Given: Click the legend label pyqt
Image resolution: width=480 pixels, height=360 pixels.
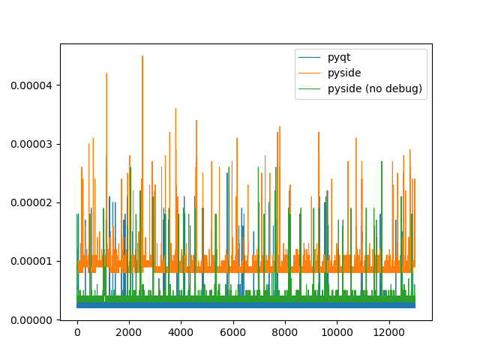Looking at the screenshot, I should coord(339,57).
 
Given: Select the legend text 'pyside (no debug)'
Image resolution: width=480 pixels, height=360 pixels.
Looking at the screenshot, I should coord(375,88).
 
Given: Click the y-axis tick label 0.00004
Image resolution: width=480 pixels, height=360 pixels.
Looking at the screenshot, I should coord(30,85).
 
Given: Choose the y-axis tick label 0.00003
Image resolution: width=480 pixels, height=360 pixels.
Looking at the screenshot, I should coord(30,144).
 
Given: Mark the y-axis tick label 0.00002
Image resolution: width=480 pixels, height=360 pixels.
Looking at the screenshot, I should coord(30,202).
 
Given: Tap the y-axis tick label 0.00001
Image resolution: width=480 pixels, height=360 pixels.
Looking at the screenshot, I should coord(30,262).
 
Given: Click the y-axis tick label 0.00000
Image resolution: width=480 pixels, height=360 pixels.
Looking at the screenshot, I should coord(30,320).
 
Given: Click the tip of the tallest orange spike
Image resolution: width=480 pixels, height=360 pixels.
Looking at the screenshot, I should coord(142,55).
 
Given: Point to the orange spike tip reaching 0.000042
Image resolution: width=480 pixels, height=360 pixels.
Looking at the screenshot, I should coord(106,73).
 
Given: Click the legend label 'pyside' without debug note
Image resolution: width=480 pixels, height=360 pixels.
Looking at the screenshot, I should coord(342,73).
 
